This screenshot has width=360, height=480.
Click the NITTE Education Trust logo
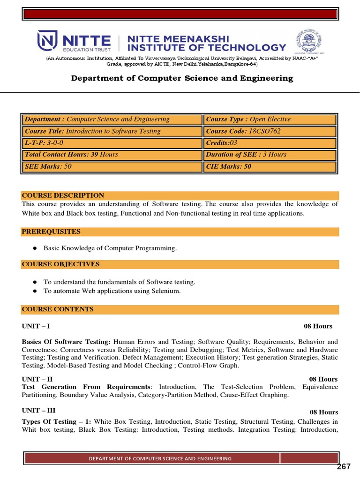pos(74,41)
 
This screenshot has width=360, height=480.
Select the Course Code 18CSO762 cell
pos(270,131)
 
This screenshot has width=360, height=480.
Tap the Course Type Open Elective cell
pos(270,120)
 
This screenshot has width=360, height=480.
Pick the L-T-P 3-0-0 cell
pos(112,143)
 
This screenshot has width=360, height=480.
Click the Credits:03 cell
pos(270,143)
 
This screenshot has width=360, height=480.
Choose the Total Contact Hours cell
pos(112,155)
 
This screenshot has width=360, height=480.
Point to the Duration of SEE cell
pos(270,155)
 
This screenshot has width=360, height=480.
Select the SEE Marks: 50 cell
pos(112,166)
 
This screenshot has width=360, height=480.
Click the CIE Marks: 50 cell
pos(270,166)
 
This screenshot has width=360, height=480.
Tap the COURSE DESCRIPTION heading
pos(63,195)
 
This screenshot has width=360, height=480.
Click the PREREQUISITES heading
pos(51,232)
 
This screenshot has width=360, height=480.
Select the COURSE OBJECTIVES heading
pos(60,264)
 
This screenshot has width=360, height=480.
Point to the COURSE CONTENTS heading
pos(58,309)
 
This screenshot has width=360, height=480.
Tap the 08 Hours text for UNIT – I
pos(318,326)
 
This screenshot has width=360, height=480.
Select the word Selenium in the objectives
pos(166,291)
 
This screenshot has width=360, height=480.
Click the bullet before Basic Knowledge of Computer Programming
pos(34,248)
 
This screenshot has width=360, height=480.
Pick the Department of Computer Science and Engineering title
pos(182,78)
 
